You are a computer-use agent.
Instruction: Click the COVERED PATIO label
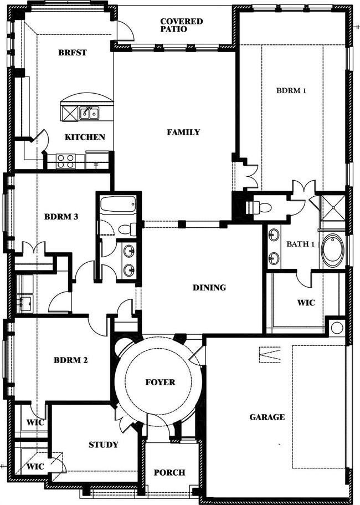(182, 25)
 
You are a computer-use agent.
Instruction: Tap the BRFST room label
(73, 52)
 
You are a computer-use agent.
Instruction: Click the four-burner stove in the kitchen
(65, 161)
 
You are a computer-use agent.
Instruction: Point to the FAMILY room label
(183, 132)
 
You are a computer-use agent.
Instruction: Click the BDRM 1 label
(291, 90)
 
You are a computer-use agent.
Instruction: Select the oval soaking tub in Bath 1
(333, 250)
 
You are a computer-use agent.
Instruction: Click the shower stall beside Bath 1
(333, 208)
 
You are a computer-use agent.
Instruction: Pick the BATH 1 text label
(301, 244)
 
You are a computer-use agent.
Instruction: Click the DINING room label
(209, 287)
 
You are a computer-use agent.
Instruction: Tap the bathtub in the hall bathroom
(118, 204)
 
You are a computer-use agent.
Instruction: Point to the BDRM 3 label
(61, 217)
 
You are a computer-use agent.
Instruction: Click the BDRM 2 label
(70, 360)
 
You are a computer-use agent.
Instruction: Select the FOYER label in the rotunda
(160, 382)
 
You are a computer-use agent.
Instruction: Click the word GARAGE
(267, 417)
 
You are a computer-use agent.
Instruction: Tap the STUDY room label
(103, 445)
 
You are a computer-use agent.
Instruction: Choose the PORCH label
(169, 472)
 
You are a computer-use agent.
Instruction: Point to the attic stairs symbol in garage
(270, 355)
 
